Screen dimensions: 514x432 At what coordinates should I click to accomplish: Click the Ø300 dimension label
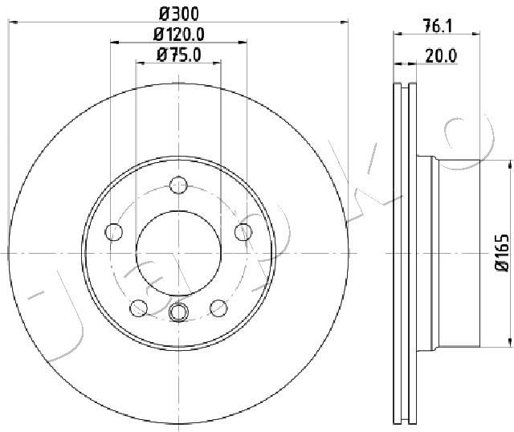coord(179,14)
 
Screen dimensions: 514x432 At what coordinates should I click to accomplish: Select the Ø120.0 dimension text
coord(179,34)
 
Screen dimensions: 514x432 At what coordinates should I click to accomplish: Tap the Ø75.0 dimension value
coord(178,55)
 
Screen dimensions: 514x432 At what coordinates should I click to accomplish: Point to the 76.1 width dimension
coord(437,26)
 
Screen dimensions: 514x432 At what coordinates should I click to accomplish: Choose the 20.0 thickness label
coord(441,55)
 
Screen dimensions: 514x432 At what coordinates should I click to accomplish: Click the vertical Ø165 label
coord(502,252)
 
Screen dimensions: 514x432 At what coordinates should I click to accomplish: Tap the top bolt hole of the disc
coord(178,185)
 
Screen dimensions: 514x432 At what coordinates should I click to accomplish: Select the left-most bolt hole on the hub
coord(114,232)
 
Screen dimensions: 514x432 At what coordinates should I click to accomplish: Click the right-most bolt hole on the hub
coord(243,232)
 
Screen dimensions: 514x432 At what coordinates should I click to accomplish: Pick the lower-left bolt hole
coord(139,308)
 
